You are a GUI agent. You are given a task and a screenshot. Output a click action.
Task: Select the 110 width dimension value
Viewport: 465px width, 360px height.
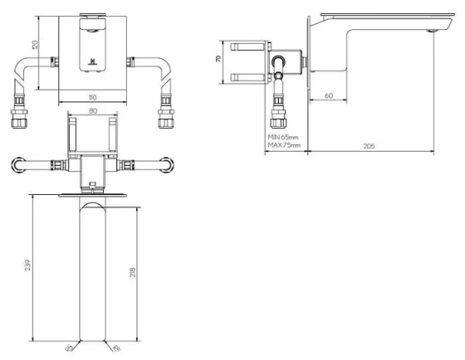(91, 98)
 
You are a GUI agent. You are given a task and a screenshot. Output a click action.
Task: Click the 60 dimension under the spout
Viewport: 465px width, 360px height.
(329, 97)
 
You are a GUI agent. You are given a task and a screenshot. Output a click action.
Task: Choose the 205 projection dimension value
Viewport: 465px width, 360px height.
(370, 146)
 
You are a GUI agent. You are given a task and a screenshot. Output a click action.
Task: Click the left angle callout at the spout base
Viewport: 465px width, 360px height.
(70, 349)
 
